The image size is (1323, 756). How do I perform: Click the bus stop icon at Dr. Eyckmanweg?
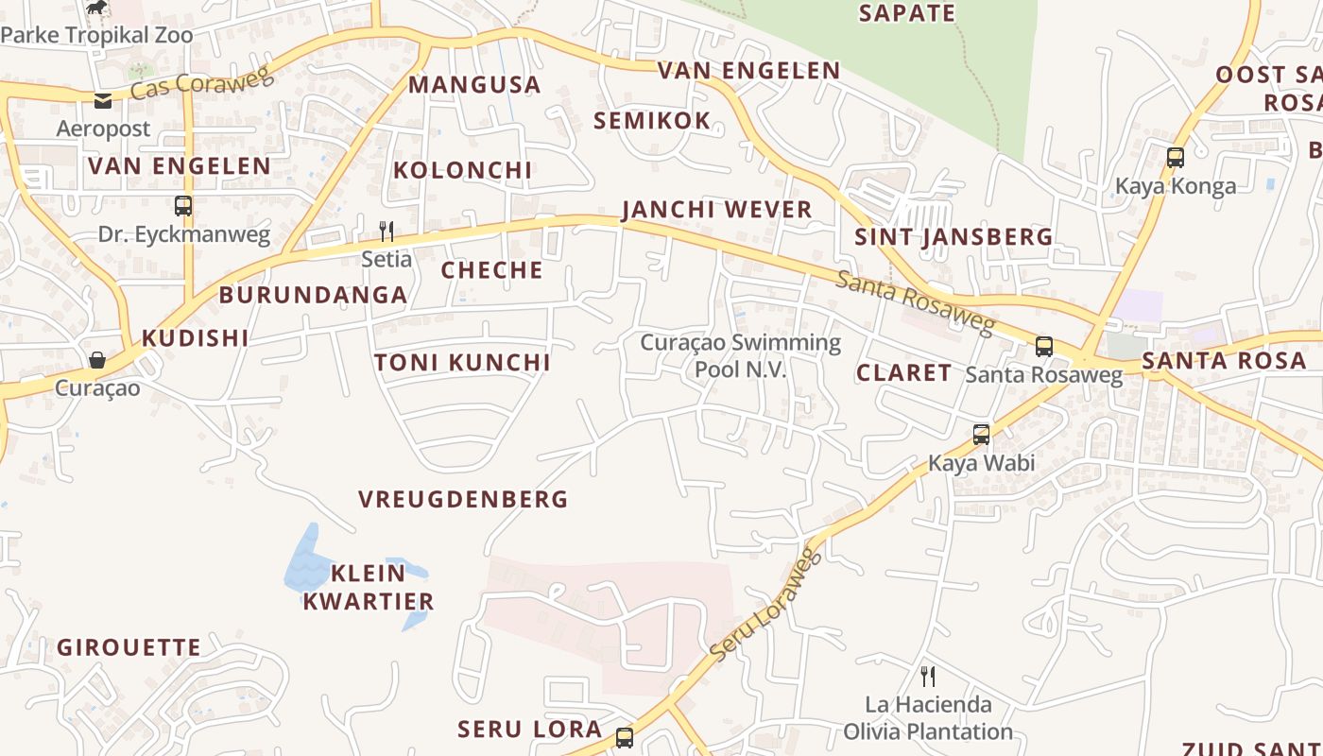click(183, 205)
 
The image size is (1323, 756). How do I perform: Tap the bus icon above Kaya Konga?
click(1176, 157)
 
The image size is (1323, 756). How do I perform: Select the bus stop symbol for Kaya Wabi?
click(982, 435)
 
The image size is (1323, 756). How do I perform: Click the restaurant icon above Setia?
click(386, 231)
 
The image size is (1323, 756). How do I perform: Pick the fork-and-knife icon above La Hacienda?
click(928, 676)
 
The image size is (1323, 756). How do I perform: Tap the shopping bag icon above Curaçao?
click(97, 360)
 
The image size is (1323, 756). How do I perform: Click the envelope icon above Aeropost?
click(103, 101)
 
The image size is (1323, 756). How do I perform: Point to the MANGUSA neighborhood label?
click(474, 85)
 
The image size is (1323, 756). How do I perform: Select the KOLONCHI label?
click(463, 171)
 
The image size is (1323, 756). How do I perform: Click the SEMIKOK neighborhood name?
click(652, 121)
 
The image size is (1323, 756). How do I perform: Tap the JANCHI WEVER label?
click(716, 210)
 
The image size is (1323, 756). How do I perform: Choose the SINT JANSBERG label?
click(954, 237)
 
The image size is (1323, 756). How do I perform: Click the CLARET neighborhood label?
click(903, 373)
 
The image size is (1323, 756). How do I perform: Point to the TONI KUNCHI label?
click(462, 363)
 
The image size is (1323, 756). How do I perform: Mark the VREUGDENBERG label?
click(463, 499)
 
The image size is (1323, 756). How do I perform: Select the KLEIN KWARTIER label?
click(369, 587)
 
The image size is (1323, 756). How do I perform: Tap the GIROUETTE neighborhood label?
click(129, 648)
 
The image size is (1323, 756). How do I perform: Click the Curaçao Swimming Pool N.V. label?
click(740, 355)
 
